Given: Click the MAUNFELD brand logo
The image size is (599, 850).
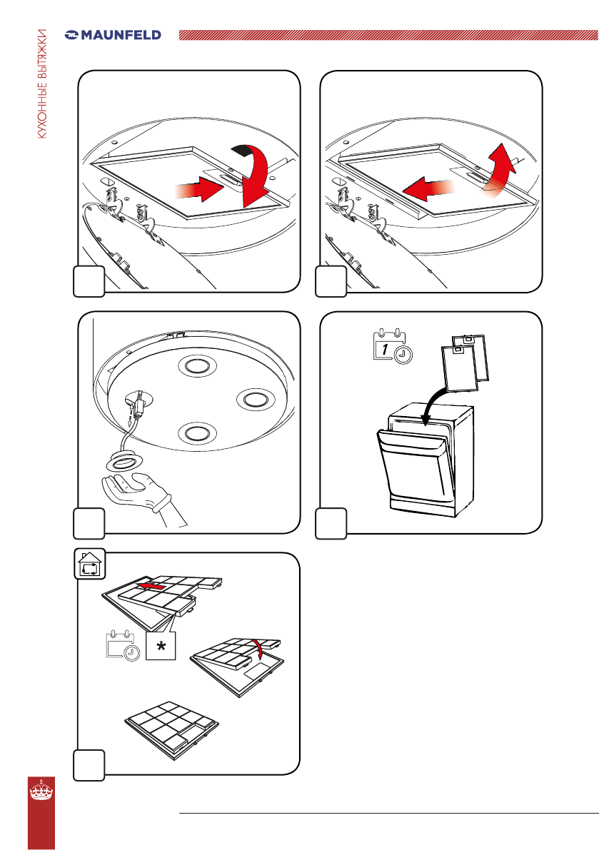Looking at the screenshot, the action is (113, 34).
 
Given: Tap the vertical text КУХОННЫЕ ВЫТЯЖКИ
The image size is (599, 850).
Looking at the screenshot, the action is (43, 85).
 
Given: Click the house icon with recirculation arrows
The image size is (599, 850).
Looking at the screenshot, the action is (91, 565).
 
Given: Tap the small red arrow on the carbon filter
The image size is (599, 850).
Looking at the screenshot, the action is (155, 585).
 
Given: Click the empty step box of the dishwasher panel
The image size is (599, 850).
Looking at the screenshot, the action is (332, 522).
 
